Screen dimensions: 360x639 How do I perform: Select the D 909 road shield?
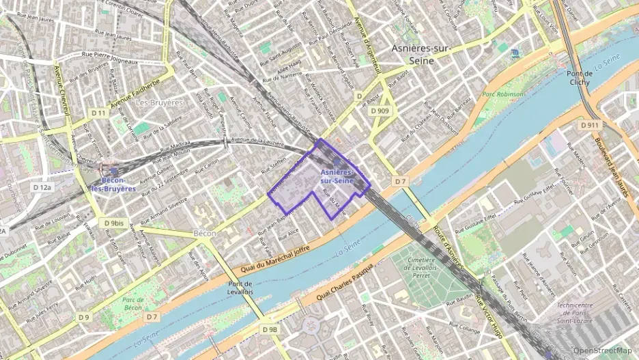tap(380, 110)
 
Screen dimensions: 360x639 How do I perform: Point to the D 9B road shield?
tap(270, 329)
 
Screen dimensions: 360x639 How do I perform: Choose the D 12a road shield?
tap(42, 186)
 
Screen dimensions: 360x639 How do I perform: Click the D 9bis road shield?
tap(114, 223)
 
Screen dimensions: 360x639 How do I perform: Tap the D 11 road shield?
tap(99, 113)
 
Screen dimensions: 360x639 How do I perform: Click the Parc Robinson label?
tap(503, 94)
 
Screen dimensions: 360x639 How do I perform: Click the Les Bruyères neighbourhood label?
tap(160, 102)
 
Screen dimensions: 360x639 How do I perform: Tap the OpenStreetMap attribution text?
tap(603, 350)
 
